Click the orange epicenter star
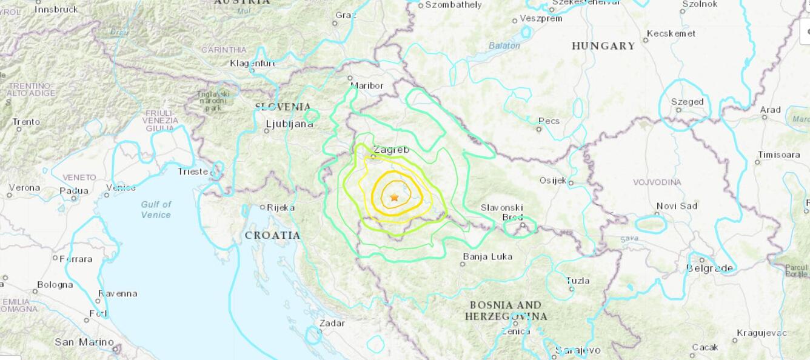click(x=395, y=198)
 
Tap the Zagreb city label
click(x=391, y=150)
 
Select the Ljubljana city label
click(x=289, y=124)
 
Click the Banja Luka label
click(x=487, y=256)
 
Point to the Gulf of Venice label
click(x=156, y=210)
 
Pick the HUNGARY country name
click(x=603, y=46)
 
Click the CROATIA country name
click(x=272, y=235)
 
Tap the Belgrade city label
click(x=709, y=268)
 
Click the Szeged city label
click(x=687, y=102)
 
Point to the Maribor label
click(x=367, y=85)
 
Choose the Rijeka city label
click(x=280, y=207)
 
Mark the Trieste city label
click(x=193, y=172)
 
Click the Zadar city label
click(x=332, y=323)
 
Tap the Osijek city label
click(x=552, y=180)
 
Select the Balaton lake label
click(x=504, y=45)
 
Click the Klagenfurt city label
click(x=252, y=63)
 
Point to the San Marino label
click(x=84, y=342)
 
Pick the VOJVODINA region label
click(x=657, y=182)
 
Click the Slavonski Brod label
click(x=501, y=212)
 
